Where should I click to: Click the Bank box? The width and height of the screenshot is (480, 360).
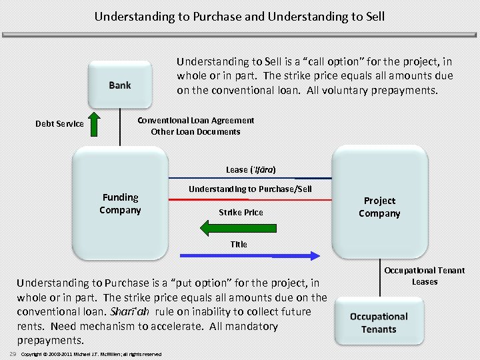[120, 85]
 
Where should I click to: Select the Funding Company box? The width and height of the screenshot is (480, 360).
[120, 203]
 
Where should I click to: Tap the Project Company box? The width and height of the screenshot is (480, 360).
[379, 207]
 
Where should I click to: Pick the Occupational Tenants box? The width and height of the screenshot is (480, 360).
[379, 323]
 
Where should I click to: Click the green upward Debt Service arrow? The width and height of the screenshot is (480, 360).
[95, 123]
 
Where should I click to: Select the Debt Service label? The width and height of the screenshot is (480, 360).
[59, 123]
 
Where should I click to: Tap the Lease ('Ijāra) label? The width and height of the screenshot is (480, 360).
[251, 169]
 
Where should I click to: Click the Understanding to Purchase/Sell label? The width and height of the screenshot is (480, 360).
[250, 189]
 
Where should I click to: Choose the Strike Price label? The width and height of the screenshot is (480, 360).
[241, 212]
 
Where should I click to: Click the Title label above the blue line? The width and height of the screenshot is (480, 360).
[239, 244]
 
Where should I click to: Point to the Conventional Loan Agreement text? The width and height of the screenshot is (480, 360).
[195, 121]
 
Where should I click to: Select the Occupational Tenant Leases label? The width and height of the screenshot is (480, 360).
[424, 275]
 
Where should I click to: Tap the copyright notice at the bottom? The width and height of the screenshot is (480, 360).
[91, 353]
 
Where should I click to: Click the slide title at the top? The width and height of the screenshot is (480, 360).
[239, 15]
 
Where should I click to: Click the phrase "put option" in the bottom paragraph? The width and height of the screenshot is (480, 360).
[201, 283]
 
